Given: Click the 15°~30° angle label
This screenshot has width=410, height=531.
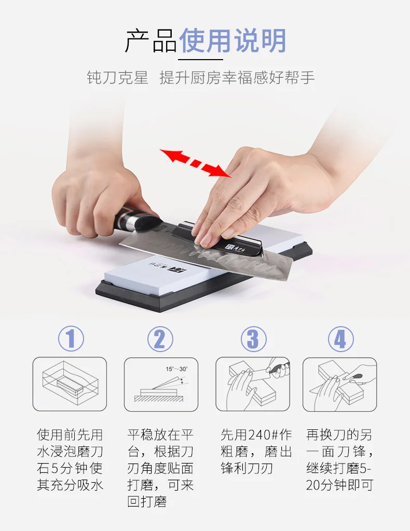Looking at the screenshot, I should click(176, 369).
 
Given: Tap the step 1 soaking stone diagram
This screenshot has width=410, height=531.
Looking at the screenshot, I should click(70, 384).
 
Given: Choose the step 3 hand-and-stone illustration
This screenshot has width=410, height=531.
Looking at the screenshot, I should click(253, 384).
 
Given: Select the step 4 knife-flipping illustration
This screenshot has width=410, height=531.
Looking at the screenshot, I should click(340, 384).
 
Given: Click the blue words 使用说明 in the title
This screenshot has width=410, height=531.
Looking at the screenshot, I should click(233, 40).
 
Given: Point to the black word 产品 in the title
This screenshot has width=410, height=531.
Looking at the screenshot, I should click(151, 40).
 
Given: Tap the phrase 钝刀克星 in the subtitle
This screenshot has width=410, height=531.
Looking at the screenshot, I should click(118, 78).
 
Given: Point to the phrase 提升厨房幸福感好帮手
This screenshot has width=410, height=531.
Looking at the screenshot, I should click(237, 78).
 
